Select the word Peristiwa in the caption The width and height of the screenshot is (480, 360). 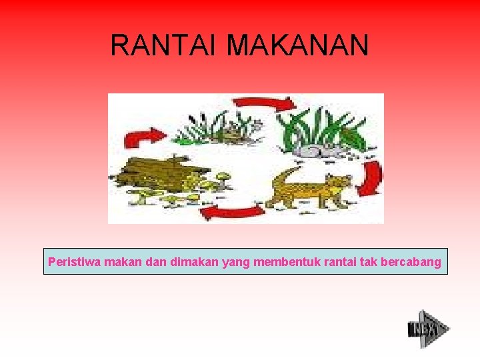(x=71, y=262)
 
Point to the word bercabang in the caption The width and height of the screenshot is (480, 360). (x=410, y=262)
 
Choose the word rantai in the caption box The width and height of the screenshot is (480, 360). (x=340, y=262)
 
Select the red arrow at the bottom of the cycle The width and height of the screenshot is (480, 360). (x=232, y=212)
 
